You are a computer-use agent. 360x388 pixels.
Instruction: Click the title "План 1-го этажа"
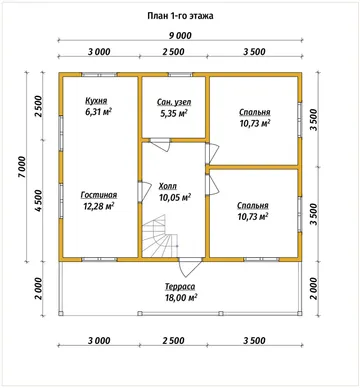(x=180, y=16)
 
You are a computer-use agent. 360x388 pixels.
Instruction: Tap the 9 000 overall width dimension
(x=180, y=35)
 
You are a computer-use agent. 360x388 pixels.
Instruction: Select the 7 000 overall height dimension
(x=22, y=167)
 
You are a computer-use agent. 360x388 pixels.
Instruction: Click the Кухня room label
(x=96, y=101)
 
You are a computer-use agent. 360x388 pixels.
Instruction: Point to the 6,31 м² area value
(x=98, y=112)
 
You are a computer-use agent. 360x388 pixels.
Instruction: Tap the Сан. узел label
(x=174, y=103)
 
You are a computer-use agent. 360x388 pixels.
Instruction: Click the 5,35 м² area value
(x=174, y=113)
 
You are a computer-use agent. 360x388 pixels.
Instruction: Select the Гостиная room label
(x=99, y=195)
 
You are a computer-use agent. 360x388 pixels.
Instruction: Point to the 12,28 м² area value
(x=99, y=206)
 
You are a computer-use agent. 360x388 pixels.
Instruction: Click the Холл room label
(x=168, y=186)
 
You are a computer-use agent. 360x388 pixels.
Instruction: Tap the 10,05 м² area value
(x=175, y=198)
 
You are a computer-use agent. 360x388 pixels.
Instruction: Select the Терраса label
(x=180, y=286)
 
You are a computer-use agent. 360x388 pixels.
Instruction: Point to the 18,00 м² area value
(x=180, y=297)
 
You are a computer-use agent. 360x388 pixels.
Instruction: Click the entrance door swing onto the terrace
(x=190, y=267)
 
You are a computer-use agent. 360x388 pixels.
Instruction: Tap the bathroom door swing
(x=160, y=145)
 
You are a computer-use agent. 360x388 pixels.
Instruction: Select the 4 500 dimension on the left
(x=39, y=200)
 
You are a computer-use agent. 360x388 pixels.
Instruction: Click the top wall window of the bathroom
(x=180, y=75)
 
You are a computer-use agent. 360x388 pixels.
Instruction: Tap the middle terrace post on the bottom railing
(x=220, y=313)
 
